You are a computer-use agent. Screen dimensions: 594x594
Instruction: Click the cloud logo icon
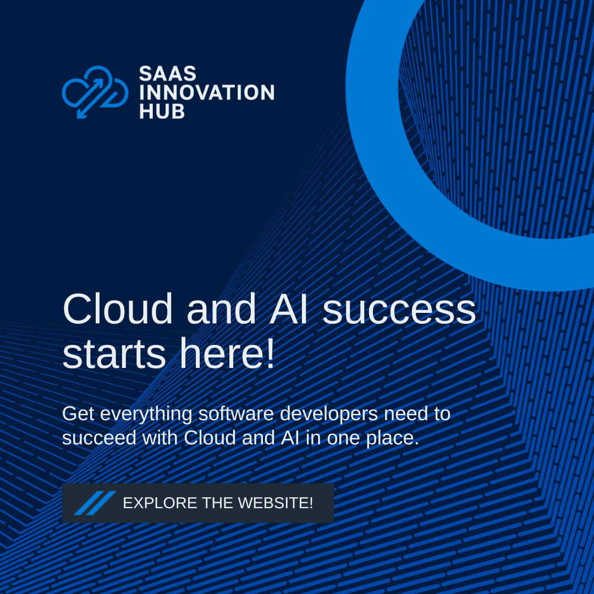[x=95, y=92]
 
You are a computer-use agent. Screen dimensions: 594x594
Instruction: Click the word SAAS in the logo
[x=167, y=74]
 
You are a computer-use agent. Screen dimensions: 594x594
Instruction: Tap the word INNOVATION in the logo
[x=207, y=92]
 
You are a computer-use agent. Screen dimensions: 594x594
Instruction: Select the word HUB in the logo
[x=162, y=111]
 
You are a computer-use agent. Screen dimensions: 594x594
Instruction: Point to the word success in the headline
[x=399, y=311]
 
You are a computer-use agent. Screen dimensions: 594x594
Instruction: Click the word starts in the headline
[x=114, y=354]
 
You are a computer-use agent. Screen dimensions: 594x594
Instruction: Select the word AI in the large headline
[x=288, y=309]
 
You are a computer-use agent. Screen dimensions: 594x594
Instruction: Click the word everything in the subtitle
[x=146, y=414]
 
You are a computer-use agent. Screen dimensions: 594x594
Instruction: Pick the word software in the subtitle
[x=235, y=413]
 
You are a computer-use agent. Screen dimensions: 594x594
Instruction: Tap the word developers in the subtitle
[x=329, y=414]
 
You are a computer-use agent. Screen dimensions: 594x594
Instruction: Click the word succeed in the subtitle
[x=99, y=438]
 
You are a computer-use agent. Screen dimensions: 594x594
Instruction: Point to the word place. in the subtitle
[x=393, y=439]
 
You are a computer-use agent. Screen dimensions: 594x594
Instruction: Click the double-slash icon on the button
[x=95, y=503]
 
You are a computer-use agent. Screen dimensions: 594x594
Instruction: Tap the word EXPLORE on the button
[x=160, y=503]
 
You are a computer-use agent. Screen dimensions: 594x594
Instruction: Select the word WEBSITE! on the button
[x=276, y=503]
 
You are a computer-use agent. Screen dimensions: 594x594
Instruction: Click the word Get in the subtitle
[x=78, y=413]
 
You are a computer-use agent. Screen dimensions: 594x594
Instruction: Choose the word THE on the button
[x=217, y=503]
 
